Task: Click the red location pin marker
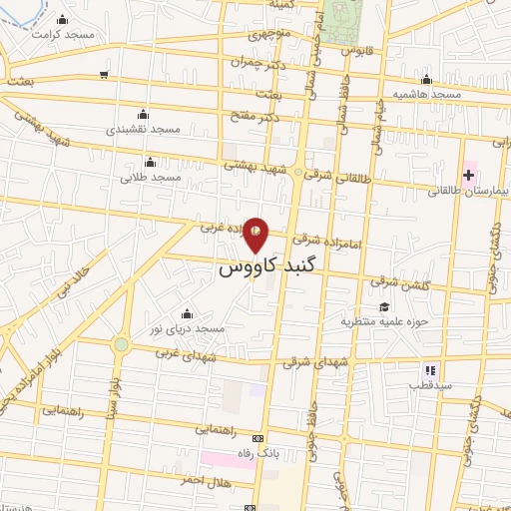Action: tap(256, 236)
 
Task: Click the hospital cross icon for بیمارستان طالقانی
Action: tap(468, 176)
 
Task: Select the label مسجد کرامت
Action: tap(61, 33)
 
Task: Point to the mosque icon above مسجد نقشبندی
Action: tap(142, 114)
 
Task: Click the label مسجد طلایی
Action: tap(151, 177)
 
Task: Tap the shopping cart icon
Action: tap(105, 75)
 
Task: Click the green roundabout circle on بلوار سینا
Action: tap(121, 344)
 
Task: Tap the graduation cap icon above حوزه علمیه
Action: tap(384, 306)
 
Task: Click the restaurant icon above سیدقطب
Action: tap(430, 369)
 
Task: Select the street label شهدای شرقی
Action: tap(302, 364)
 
